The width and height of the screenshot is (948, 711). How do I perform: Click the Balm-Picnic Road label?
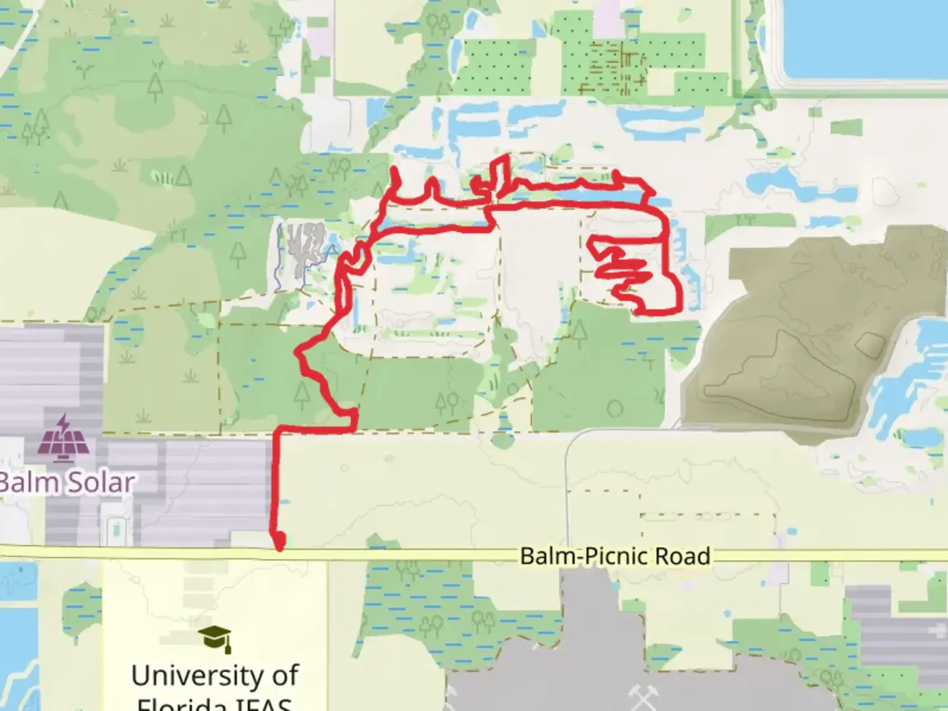(615, 556)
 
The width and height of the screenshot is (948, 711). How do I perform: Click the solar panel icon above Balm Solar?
(63, 438)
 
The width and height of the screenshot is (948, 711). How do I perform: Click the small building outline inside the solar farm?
(117, 528)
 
